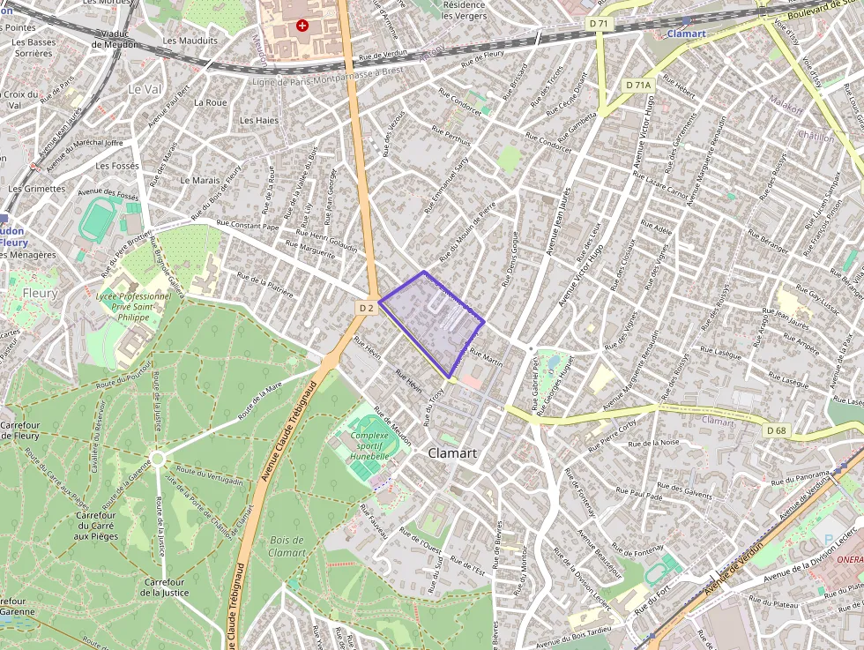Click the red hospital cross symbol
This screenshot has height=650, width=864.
click(x=303, y=26)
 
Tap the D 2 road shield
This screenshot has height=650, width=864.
click(x=367, y=308)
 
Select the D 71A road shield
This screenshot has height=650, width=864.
click(x=637, y=85)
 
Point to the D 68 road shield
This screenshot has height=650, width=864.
click(x=776, y=430)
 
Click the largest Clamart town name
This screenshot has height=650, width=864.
click(x=452, y=452)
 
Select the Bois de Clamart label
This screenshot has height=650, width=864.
click(x=287, y=546)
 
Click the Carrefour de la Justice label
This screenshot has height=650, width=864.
click(x=164, y=586)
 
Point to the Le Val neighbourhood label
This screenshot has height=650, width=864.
click(x=145, y=89)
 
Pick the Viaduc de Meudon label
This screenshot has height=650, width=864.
click(x=114, y=39)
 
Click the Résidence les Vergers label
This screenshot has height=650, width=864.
click(x=464, y=10)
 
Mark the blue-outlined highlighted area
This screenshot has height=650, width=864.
click(x=432, y=322)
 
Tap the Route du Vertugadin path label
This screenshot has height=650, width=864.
click(x=209, y=476)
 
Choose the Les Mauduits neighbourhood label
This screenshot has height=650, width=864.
click(x=190, y=41)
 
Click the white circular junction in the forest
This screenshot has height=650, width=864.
click(x=157, y=459)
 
